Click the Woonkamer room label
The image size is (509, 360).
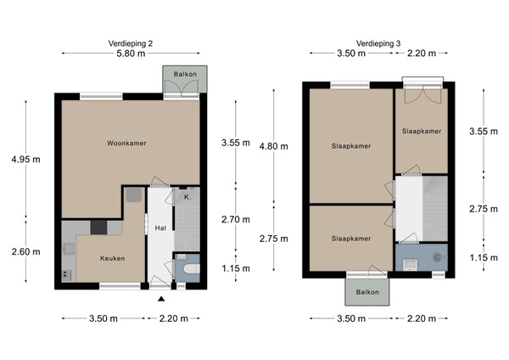[x=127, y=143]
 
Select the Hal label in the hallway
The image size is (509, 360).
[x=160, y=228]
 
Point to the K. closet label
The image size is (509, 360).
[x=187, y=197]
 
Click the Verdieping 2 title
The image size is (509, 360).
[x=131, y=42]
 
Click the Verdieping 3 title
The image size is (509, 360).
[x=378, y=42]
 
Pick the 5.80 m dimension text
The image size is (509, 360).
[x=131, y=53]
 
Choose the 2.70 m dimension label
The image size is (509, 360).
[x=235, y=219]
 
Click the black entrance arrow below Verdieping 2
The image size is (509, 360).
[x=161, y=298]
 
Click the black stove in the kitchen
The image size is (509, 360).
[x=99, y=227]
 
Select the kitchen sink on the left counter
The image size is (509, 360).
[x=67, y=249]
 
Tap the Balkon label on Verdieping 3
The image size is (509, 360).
[x=366, y=291]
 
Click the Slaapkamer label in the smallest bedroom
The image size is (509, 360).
[x=421, y=132]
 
